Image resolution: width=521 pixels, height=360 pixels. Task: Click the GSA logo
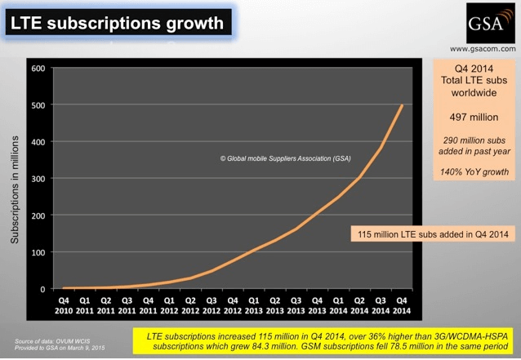tap(486, 24)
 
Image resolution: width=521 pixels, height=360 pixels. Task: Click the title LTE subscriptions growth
tap(116, 23)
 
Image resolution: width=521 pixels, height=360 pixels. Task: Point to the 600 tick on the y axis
tap(37, 68)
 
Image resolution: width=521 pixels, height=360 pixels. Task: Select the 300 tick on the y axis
tap(37, 178)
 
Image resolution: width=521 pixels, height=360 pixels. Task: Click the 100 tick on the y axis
tap(37, 251)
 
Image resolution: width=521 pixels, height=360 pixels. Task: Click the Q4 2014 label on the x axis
tap(401, 305)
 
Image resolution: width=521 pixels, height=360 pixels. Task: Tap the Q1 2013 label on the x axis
tap(254, 305)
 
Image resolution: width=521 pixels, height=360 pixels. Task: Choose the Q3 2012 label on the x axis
tap(212, 305)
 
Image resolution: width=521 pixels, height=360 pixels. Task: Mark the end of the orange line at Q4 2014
tap(401, 105)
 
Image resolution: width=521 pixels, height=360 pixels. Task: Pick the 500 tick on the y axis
tap(37, 104)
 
